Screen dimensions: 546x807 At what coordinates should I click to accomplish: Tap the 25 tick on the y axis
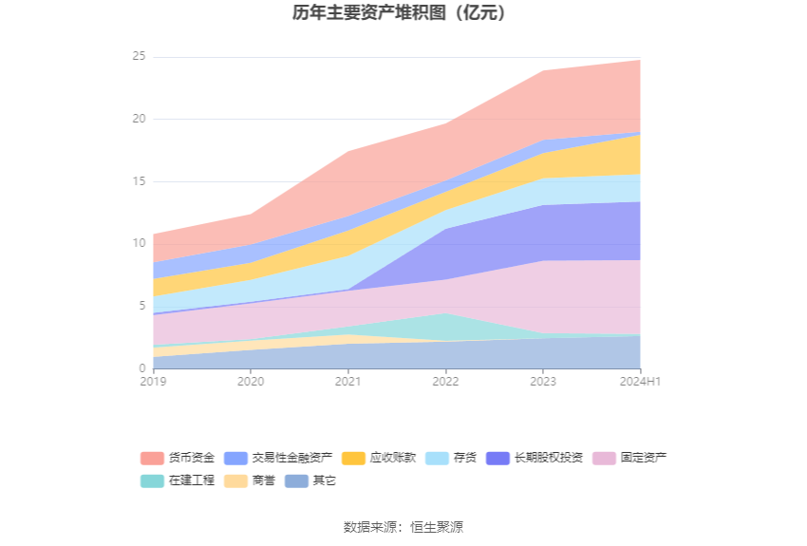point(139,57)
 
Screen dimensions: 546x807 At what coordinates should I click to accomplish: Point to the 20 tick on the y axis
point(139,119)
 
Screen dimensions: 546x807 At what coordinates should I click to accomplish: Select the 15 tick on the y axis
point(139,181)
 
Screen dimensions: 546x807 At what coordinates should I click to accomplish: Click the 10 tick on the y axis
point(139,243)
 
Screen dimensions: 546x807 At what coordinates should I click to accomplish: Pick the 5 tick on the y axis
point(141,306)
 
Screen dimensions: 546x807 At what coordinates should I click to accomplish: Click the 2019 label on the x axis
point(153,382)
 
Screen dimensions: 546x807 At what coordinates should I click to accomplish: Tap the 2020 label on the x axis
point(251,382)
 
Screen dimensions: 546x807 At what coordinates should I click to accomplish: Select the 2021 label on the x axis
point(348,382)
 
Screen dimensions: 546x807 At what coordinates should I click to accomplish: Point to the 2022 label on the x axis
point(445,382)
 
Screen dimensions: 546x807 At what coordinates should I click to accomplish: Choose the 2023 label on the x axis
point(543,382)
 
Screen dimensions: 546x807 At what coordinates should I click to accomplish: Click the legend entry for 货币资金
point(178,458)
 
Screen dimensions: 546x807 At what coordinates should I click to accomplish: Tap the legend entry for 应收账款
point(379,458)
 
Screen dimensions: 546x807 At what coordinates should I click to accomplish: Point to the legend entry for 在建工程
point(178,480)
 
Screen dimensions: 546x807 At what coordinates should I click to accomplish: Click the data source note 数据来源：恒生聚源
point(403,527)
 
